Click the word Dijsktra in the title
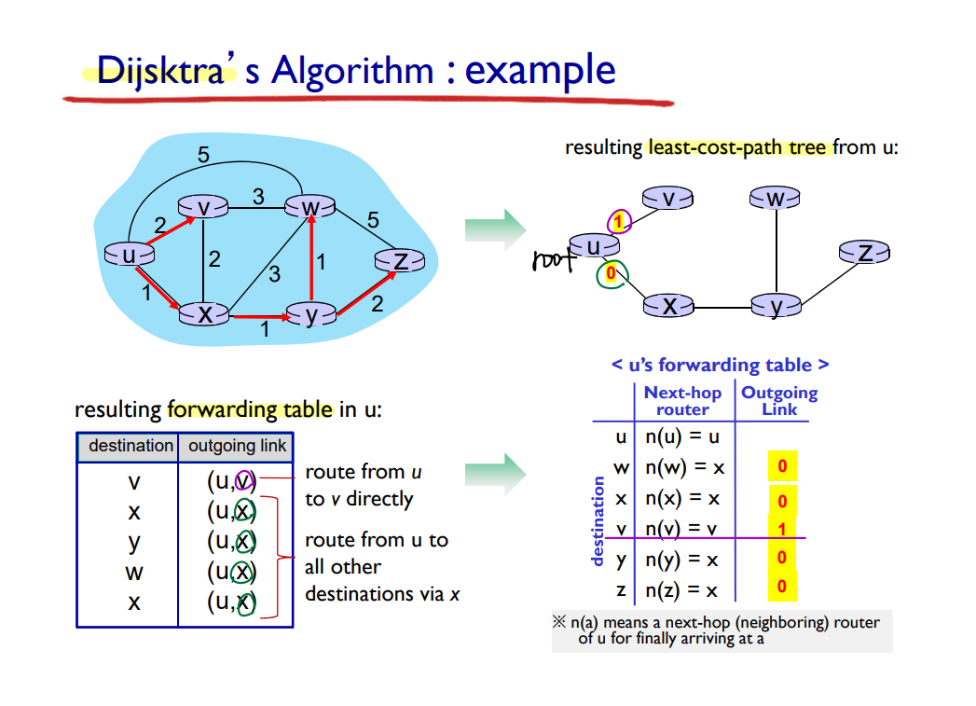[160, 70]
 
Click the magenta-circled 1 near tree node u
[618, 221]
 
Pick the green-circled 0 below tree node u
[611, 273]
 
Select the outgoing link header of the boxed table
[237, 446]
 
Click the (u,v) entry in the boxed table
[231, 481]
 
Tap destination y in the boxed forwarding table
[134, 542]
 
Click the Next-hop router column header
[682, 401]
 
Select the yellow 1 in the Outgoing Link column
[782, 530]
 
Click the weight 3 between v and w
[258, 197]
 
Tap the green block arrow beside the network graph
[495, 229]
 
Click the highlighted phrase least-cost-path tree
[737, 147]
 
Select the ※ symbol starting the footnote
[559, 621]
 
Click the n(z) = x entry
[681, 590]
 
